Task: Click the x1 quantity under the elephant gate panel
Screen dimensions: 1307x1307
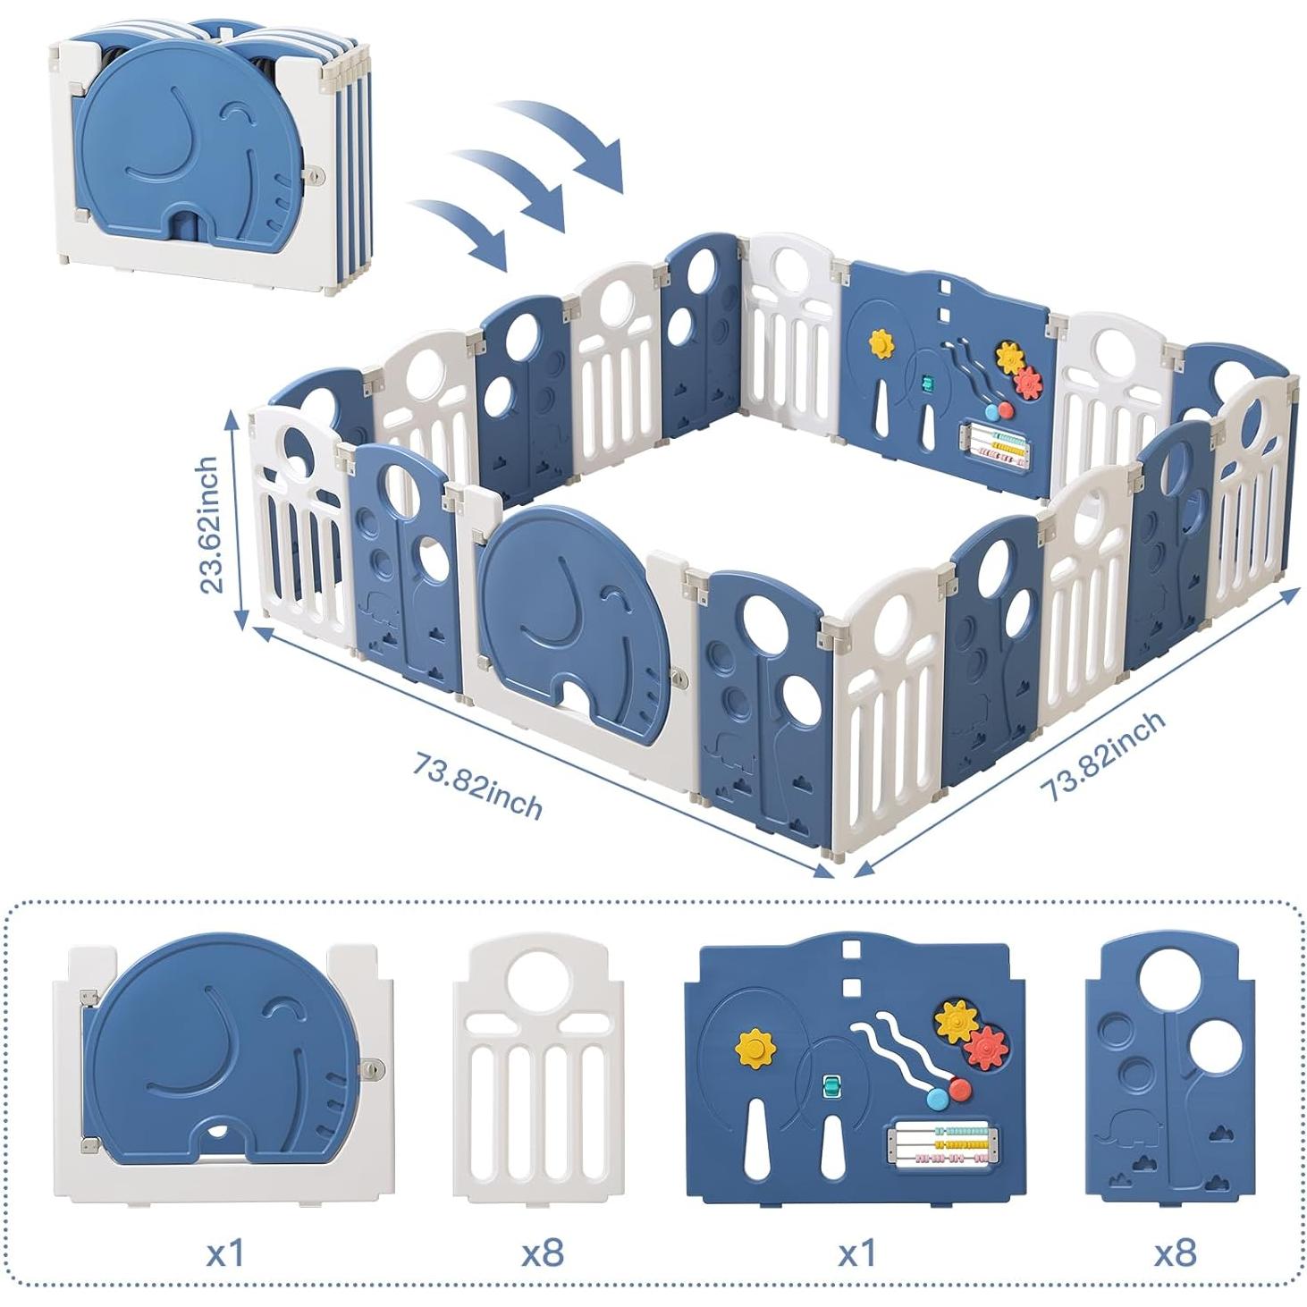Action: tap(224, 1252)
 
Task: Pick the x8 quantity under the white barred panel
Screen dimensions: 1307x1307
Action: tap(543, 1252)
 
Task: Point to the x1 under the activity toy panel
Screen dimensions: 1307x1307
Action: tap(857, 1252)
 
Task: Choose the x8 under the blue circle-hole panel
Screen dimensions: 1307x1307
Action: tap(1175, 1252)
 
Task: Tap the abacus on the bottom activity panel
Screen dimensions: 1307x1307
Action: tap(940, 1143)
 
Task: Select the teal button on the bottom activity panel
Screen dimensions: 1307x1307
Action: tap(832, 1088)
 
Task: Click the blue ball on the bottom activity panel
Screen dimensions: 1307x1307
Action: tap(937, 1099)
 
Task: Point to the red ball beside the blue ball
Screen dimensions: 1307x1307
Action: tap(958, 1089)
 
